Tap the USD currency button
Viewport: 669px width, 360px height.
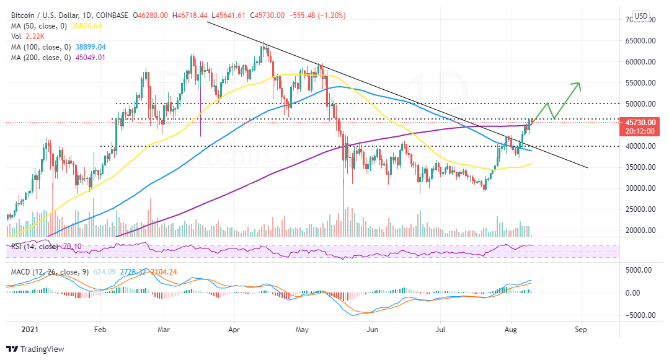(641, 16)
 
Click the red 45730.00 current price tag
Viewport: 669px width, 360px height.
(641, 123)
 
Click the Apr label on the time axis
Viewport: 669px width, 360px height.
(233, 330)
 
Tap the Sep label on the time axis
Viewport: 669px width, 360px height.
(580, 330)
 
